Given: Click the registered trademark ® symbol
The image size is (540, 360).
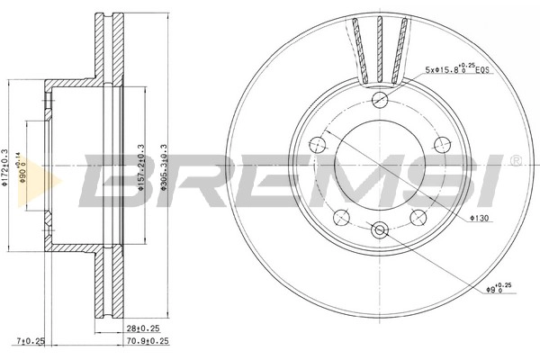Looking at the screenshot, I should pos(514,160).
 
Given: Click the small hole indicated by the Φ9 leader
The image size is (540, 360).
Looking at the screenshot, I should pos(378,230).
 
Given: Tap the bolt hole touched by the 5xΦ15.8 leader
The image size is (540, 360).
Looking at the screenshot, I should pos(379,100).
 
